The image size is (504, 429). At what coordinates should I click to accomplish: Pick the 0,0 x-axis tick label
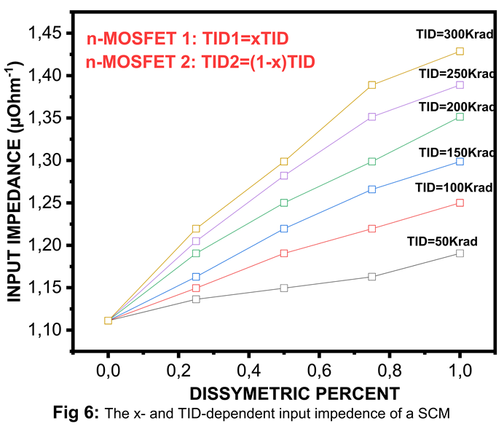109,371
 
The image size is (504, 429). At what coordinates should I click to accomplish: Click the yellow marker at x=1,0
460,51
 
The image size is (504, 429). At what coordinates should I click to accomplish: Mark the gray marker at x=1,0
460,253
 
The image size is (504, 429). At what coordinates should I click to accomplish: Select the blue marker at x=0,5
284,229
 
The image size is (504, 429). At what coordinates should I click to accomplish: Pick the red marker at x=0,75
372,229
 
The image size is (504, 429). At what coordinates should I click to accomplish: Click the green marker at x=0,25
196,253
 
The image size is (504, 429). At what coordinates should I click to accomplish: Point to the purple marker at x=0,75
372,117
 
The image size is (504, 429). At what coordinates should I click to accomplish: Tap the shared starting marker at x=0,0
109,320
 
